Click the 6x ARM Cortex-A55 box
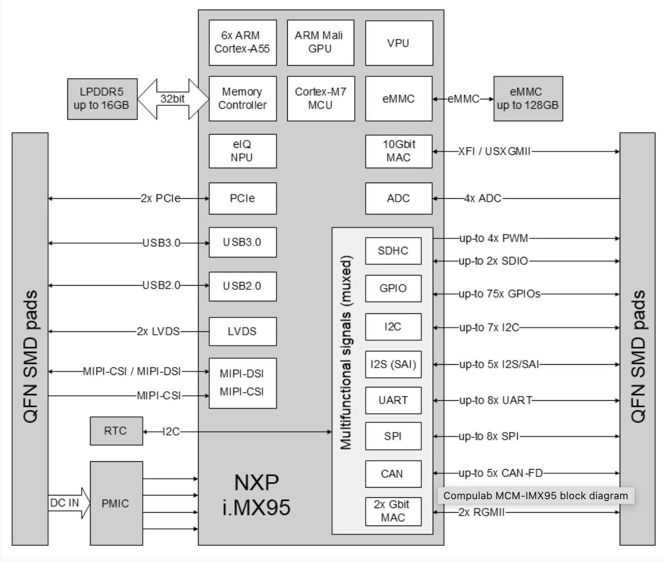(242, 43)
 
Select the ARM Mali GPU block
(320, 43)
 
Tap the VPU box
(399, 43)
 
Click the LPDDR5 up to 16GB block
(102, 99)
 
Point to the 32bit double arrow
(173, 98)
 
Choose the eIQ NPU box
(242, 151)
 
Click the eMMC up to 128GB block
(528, 99)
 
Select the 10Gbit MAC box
(399, 151)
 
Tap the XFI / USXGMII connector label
(494, 151)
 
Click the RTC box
(116, 431)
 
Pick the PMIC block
(116, 503)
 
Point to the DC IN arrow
(68, 503)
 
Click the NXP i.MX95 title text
(256, 495)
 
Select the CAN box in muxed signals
(393, 474)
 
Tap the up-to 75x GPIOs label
(499, 294)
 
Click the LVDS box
(242, 331)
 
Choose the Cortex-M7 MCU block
(320, 98)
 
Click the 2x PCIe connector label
(160, 198)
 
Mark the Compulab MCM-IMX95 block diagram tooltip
(535, 496)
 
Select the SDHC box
(393, 251)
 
